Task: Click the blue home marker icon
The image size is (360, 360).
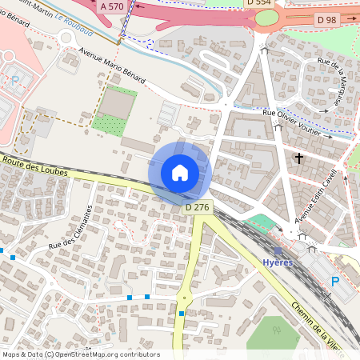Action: [180, 173]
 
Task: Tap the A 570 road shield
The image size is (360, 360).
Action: [112, 6]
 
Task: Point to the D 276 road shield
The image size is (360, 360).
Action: [197, 208]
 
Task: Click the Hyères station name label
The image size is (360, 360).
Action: [278, 262]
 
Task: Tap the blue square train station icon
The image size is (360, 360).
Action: [278, 250]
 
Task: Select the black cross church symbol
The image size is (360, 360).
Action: [299, 158]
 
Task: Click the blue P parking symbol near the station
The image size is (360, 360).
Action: [335, 281]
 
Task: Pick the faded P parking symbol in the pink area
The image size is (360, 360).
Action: [15, 80]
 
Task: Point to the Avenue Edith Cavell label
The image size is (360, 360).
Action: [318, 196]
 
